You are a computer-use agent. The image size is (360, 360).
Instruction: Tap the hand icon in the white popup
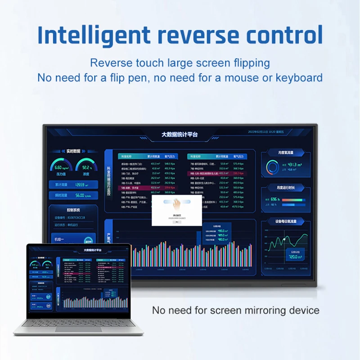pos(176,203)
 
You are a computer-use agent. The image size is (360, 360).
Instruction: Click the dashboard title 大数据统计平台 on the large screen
pos(180,134)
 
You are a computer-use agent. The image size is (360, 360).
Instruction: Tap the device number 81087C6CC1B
pos(76,218)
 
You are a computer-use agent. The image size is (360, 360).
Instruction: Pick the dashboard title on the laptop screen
pos(93,250)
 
